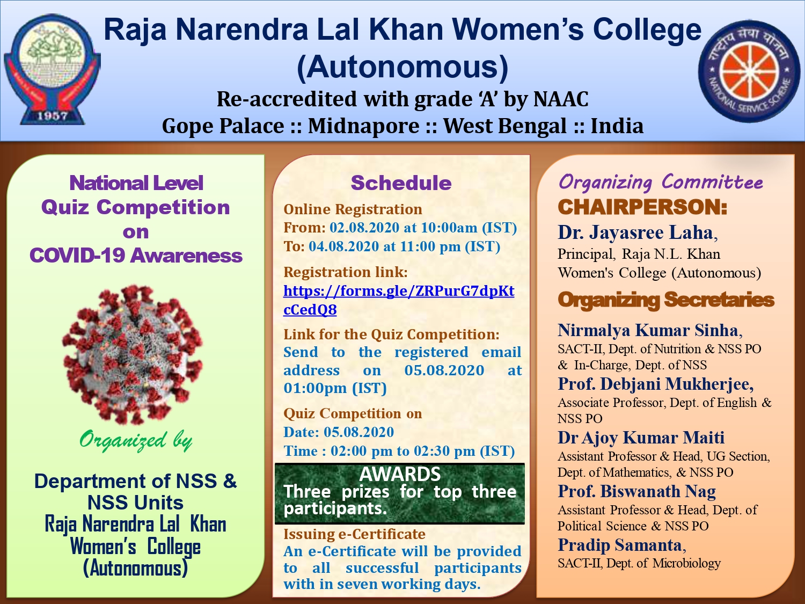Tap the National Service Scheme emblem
point(749,71)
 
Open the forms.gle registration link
point(399,300)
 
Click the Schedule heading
point(401,183)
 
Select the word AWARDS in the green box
point(400,474)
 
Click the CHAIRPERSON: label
point(642,207)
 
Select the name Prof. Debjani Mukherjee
point(656,384)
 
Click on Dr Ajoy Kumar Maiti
point(641,438)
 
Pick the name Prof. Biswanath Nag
point(636,491)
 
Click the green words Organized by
point(136,441)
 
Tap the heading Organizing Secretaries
point(666,300)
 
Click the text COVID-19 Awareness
point(136,255)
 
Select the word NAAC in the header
point(561,99)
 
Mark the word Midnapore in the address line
point(364,126)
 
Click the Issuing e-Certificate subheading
point(354,534)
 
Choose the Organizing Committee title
point(661,182)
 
